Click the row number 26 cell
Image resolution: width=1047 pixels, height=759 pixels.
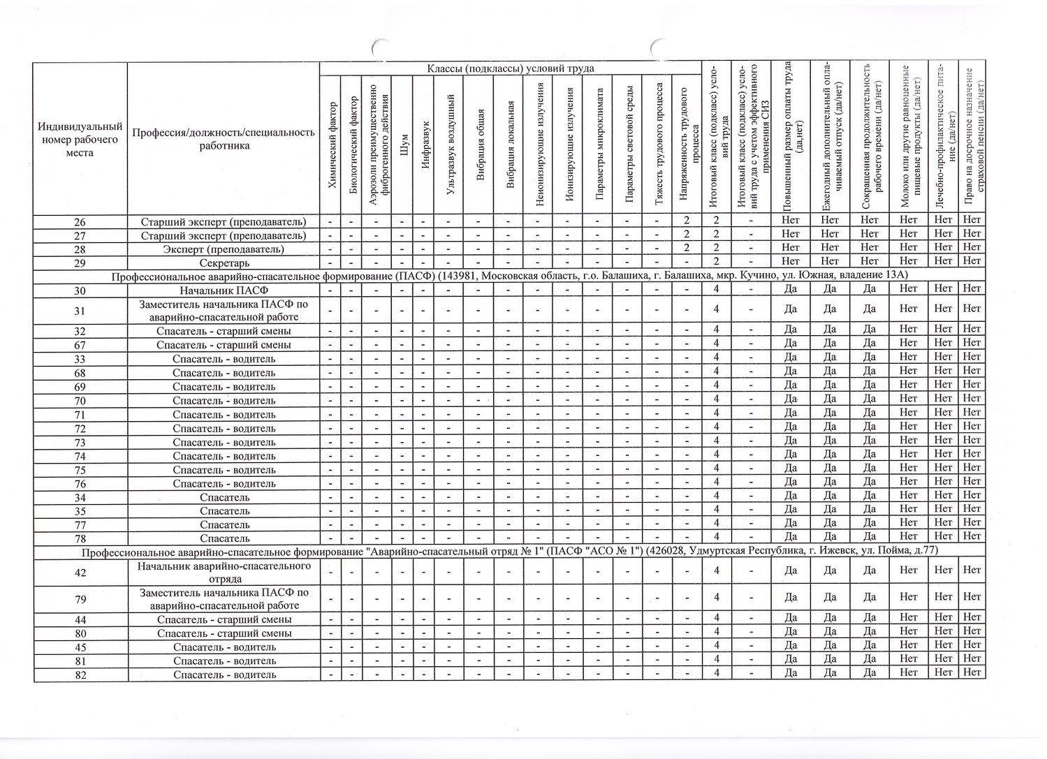coord(80,221)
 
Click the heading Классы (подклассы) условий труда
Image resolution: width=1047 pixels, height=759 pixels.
coord(511,68)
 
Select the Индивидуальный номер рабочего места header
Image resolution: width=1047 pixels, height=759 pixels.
coord(80,139)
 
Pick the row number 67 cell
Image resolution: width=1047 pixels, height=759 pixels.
coord(80,345)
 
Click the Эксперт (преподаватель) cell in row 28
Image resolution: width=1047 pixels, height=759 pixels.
coord(224,249)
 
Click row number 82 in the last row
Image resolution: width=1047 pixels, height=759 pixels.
coord(80,675)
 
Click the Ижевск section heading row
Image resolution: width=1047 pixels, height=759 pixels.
coord(509,552)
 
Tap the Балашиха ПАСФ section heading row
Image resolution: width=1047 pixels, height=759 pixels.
coord(509,276)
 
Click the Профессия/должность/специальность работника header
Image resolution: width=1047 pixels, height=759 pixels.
coord(224,139)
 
